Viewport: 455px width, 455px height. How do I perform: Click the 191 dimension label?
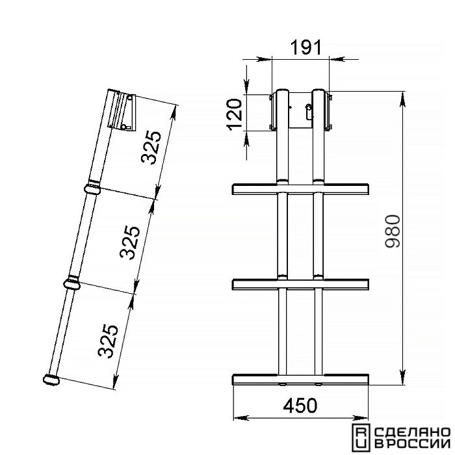pyautogui.click(x=306, y=47)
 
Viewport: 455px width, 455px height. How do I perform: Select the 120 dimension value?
pyautogui.click(x=235, y=114)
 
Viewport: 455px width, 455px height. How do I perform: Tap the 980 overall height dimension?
pyautogui.click(x=393, y=231)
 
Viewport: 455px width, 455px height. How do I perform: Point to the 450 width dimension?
pyautogui.click(x=300, y=406)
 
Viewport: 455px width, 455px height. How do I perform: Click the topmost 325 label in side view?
pyautogui.click(x=151, y=148)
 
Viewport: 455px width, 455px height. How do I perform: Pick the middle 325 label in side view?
pyautogui.click(x=130, y=242)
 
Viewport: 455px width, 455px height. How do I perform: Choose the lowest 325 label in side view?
pyautogui.click(x=108, y=341)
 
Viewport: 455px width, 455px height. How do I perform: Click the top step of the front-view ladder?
pyautogui.click(x=300, y=189)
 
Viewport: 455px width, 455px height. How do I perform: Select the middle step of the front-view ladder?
pyautogui.click(x=300, y=285)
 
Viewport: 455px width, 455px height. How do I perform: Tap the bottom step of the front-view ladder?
pyautogui.click(x=300, y=379)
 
